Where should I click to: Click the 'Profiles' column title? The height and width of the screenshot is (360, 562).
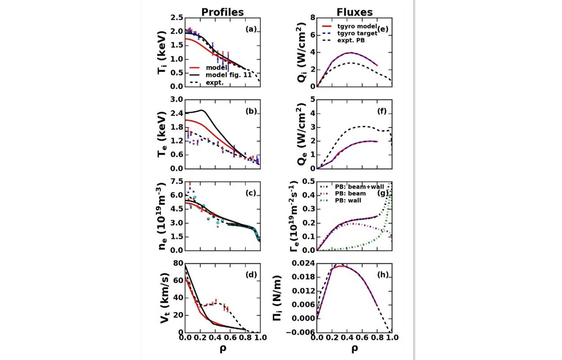click(x=222, y=12)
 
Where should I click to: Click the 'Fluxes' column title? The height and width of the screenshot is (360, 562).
click(x=354, y=12)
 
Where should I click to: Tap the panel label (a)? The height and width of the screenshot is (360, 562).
click(x=251, y=29)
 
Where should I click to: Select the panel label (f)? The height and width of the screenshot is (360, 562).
click(x=382, y=111)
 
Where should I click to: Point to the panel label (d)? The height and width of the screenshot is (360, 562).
click(x=251, y=275)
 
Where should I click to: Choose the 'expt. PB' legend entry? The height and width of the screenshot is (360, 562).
click(x=351, y=40)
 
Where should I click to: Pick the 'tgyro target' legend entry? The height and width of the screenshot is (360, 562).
click(x=357, y=33)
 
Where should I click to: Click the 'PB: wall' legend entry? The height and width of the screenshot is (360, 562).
click(x=348, y=200)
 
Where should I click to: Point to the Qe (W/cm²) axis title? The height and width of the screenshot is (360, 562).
click(x=301, y=134)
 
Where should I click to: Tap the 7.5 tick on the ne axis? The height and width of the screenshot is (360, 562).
click(x=177, y=181)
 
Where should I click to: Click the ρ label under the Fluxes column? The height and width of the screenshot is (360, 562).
click(x=354, y=348)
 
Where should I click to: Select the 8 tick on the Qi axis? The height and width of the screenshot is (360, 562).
click(x=312, y=18)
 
